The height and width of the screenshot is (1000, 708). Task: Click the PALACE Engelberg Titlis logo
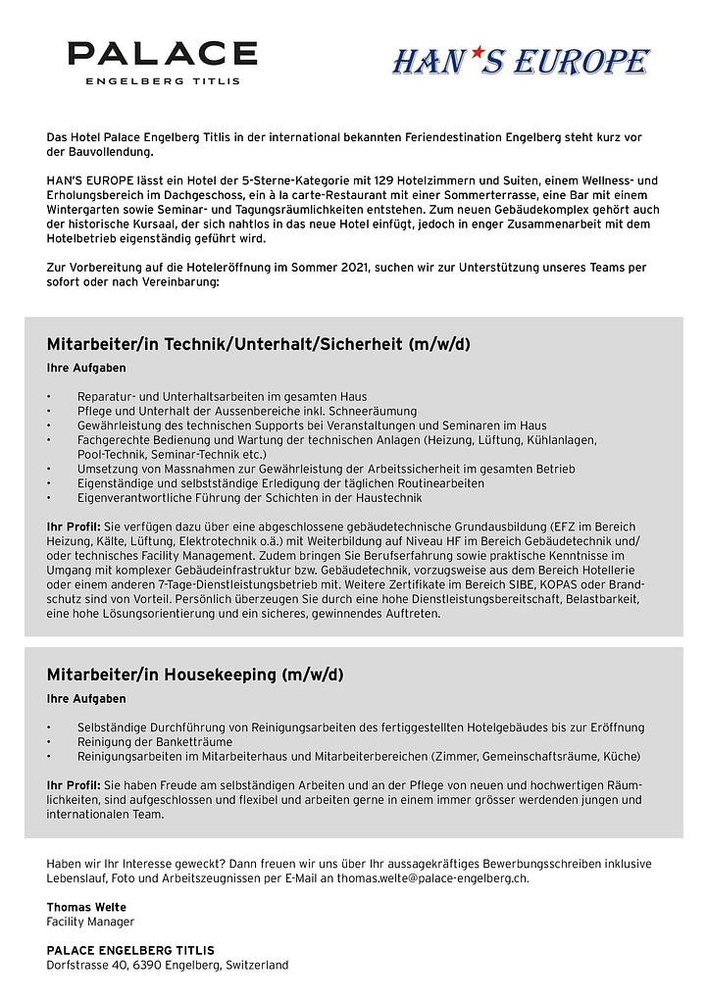coord(163,62)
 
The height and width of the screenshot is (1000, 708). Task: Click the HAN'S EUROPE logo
coord(521,62)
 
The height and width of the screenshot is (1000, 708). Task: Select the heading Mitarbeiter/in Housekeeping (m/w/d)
coord(195,675)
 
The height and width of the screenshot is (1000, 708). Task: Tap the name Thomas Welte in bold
coord(86,907)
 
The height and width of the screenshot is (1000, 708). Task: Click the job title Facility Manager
coord(90,922)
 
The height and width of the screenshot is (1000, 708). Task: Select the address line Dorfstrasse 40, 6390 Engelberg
coord(167,965)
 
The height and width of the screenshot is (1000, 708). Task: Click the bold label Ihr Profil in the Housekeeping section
coord(74,785)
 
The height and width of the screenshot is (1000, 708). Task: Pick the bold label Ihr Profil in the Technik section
coord(74,526)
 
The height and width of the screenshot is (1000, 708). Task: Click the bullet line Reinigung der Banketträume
coord(155,741)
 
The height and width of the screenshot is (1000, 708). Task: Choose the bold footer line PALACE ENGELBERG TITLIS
coord(130,950)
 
